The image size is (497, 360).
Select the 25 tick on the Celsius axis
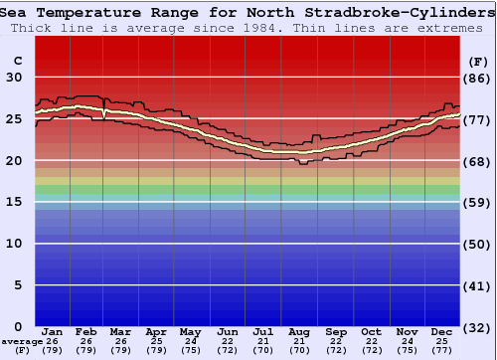point(14,119)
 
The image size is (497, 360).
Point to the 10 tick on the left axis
point(14,244)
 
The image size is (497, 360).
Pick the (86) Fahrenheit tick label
point(478,78)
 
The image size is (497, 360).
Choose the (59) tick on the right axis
point(478,203)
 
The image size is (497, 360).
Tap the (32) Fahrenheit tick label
point(478,327)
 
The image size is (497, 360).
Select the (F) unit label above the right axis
point(477,61)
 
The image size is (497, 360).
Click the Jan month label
point(53,331)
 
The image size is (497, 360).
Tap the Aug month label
point(299,331)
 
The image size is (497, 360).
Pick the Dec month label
point(441,331)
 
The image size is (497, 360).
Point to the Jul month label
point(263,331)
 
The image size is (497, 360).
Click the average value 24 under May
point(191,341)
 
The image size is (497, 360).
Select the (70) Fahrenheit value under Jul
point(263,350)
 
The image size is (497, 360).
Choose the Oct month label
point(371,331)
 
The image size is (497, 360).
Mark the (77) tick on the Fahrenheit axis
point(478,119)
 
